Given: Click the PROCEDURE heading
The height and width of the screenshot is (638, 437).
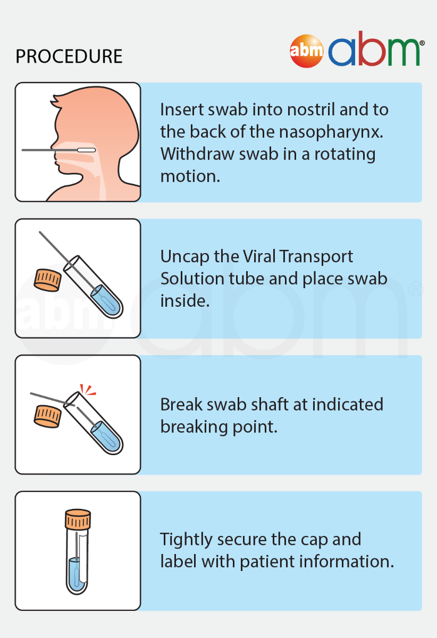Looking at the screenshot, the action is [x=69, y=56].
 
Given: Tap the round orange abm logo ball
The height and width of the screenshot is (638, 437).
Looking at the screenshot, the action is [x=307, y=51].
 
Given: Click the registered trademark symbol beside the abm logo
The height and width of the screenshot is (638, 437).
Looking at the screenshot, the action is [x=422, y=43].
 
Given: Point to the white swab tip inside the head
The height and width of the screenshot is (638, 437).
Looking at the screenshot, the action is [x=86, y=150].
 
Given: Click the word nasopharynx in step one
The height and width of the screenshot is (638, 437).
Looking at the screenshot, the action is [x=331, y=132].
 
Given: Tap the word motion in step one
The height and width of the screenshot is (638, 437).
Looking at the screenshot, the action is [x=190, y=177].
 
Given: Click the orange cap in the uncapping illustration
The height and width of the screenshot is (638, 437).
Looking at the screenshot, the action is [x=47, y=280].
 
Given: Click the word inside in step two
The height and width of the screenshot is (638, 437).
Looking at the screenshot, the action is [x=185, y=301].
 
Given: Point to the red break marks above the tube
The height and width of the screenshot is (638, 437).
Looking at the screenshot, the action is [x=88, y=390].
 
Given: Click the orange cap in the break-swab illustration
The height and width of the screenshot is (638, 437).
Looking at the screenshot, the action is [x=47, y=416].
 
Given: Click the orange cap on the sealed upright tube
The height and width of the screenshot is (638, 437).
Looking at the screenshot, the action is [x=78, y=519].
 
